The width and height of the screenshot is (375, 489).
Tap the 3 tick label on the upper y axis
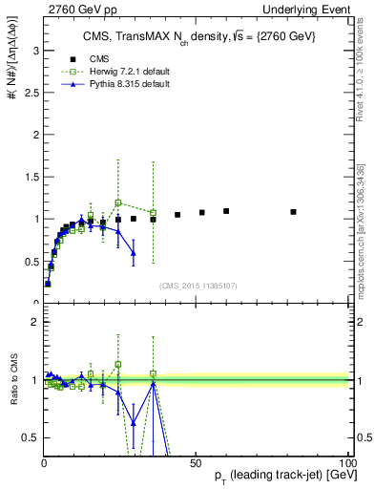33,50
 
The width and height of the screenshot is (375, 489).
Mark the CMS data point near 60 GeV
226,211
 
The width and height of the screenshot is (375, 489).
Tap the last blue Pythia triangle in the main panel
134,253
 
